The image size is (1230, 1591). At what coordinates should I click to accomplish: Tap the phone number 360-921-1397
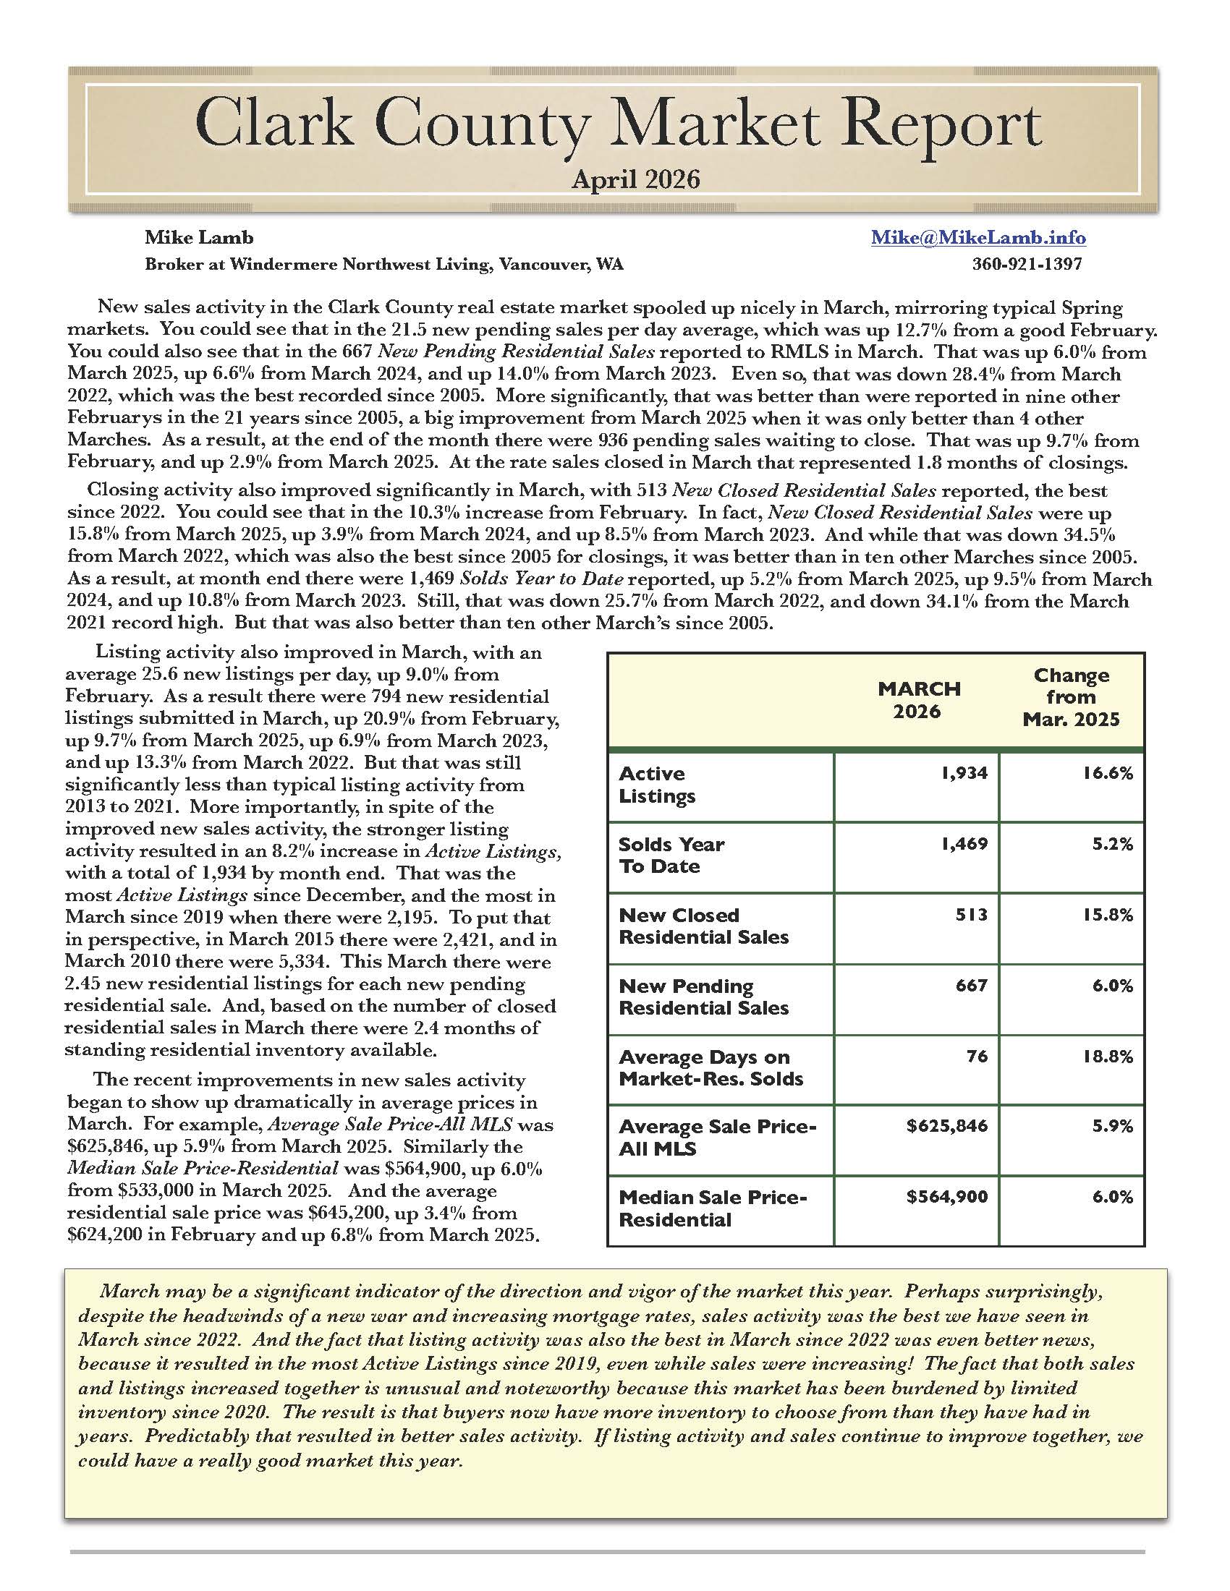[x=1027, y=264]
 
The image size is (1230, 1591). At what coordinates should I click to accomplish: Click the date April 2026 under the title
[x=635, y=179]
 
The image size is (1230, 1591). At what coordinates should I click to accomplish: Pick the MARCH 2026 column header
[x=919, y=699]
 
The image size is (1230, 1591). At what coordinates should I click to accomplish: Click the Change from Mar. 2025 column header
[x=1070, y=697]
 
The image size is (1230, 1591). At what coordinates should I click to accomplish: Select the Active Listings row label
[x=656, y=785]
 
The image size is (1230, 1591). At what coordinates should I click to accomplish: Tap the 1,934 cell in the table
[x=964, y=773]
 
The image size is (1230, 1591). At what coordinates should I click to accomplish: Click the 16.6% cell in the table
[x=1108, y=773]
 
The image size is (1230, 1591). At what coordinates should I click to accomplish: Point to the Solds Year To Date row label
[x=671, y=856]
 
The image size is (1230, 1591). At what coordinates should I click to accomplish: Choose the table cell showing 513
[x=972, y=914]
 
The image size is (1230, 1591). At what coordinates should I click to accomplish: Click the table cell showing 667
[x=972, y=985]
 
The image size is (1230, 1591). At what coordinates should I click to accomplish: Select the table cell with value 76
[x=977, y=1056]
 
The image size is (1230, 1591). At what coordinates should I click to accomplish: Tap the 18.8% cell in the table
[x=1108, y=1056]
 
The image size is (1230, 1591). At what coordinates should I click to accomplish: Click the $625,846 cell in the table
[x=947, y=1126]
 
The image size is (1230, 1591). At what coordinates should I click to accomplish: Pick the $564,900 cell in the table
[x=947, y=1197]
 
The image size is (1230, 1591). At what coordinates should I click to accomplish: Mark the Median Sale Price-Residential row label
[x=713, y=1208]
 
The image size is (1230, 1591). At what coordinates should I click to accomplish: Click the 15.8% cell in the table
[x=1108, y=914]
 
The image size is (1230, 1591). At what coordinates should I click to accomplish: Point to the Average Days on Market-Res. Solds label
[x=711, y=1067]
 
